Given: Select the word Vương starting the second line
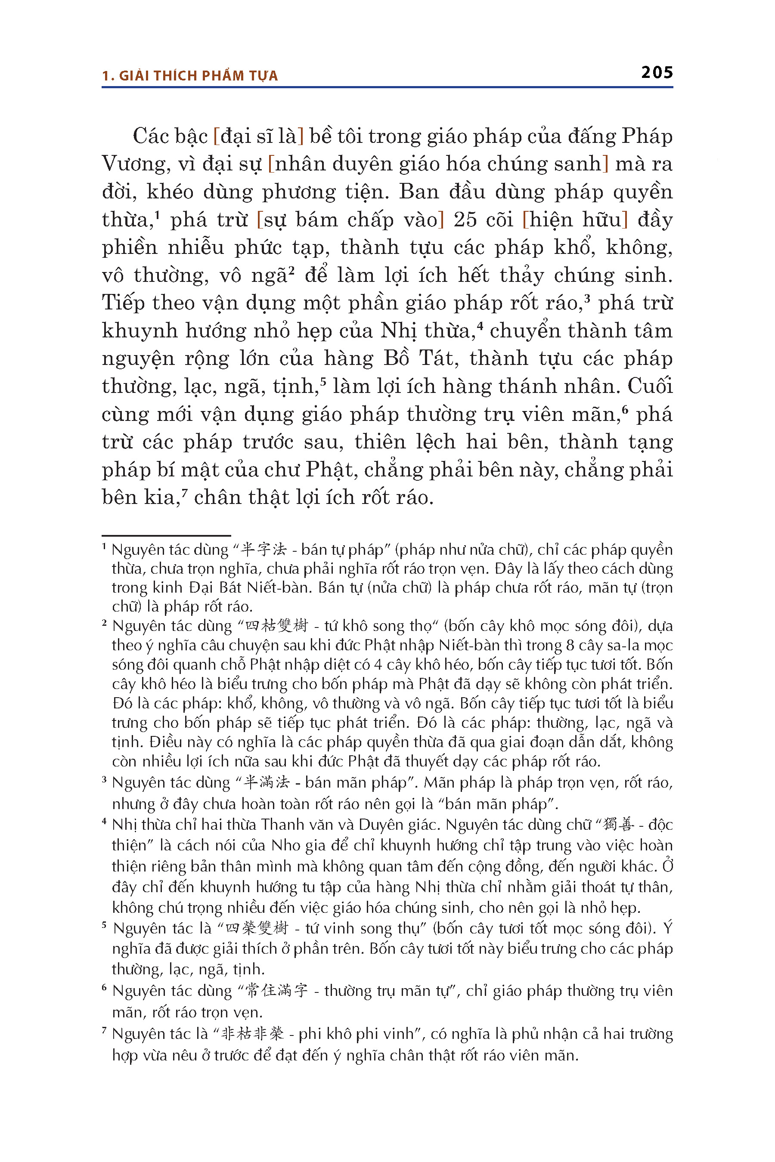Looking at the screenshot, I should (x=132, y=164).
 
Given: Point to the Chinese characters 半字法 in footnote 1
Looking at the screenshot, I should (x=263, y=550).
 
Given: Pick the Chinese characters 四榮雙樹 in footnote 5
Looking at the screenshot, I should (x=257, y=928).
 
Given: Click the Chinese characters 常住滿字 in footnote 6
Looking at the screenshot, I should (x=277, y=991).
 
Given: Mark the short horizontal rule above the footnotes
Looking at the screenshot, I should (x=166, y=535).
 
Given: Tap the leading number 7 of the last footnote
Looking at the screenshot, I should (x=104, y=1031).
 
